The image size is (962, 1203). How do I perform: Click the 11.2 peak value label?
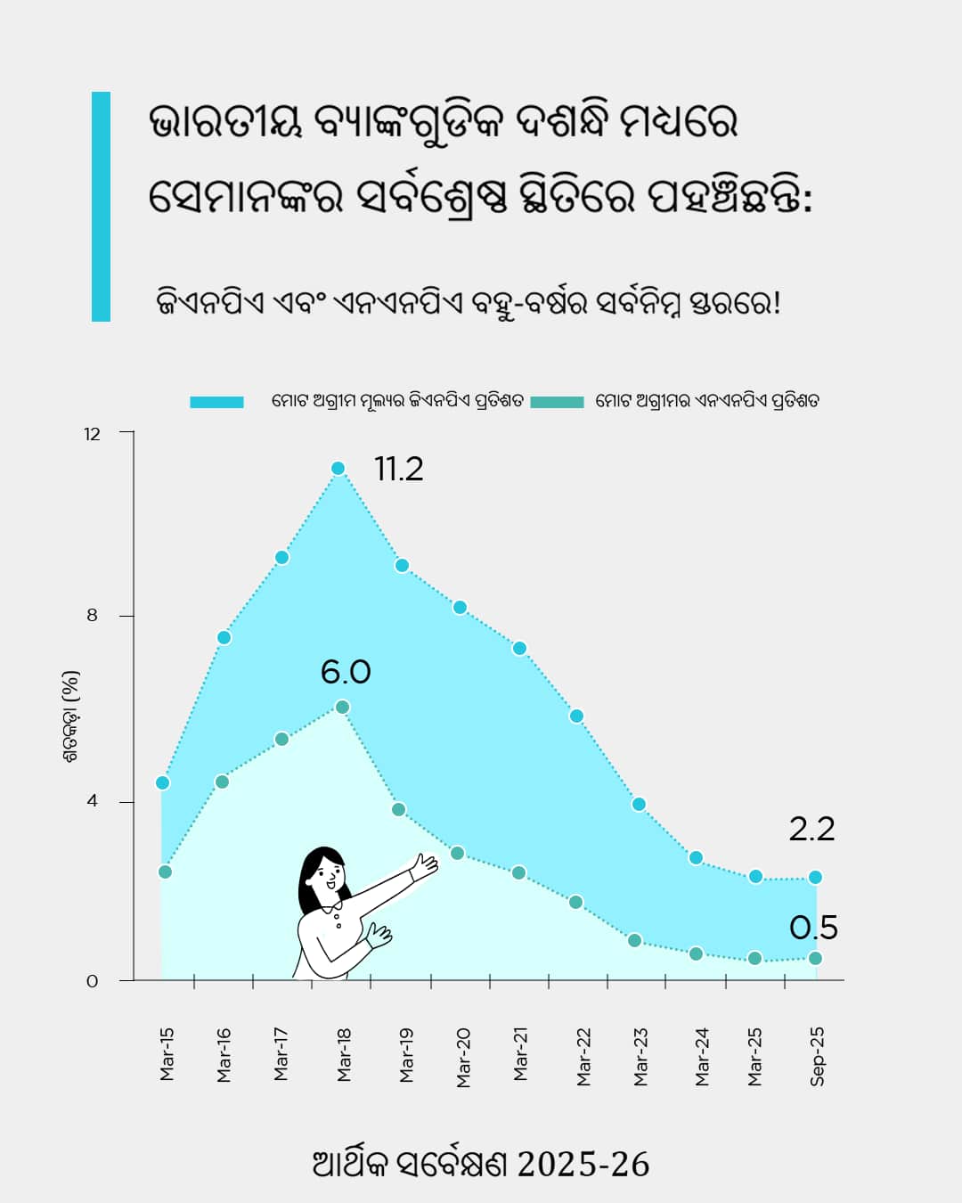pos(398,469)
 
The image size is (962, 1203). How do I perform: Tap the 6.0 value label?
pos(346,672)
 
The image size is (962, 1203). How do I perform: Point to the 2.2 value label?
pos(811,829)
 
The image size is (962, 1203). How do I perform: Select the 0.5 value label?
pos(813,928)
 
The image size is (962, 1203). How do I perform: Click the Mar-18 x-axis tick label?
pos(345,1055)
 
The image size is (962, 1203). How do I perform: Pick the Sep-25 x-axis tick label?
pos(817,1057)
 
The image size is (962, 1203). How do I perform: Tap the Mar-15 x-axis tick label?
pos(167,1055)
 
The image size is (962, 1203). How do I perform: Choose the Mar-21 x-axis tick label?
pos(521,1054)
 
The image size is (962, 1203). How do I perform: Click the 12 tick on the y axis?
pos(93,434)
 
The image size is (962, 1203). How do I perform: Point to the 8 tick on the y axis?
pos(93,616)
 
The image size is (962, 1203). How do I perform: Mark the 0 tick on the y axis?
pos(93,981)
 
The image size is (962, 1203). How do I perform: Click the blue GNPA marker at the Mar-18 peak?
pos(338,469)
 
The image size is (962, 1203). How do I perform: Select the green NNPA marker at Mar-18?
pos(342,708)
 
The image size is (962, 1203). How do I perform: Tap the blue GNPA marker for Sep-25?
pos(815,878)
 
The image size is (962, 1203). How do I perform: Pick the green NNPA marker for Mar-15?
pos(165,872)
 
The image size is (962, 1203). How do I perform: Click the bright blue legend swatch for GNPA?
pos(216,402)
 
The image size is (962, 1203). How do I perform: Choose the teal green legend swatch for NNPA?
pos(557,402)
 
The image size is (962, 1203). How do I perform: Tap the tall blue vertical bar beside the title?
pos(101,207)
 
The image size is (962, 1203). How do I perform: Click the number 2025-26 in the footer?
pos(583,1165)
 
